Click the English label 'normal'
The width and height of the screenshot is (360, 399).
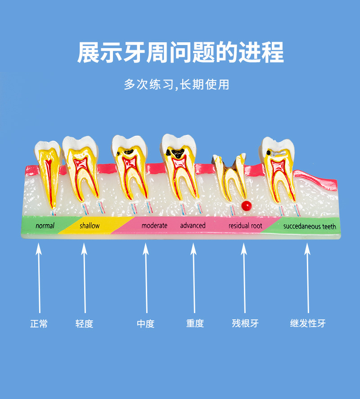(x=45, y=226)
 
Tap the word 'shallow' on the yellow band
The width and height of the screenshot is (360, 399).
(x=90, y=226)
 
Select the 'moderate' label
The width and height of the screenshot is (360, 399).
(x=154, y=225)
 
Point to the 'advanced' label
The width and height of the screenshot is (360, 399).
(x=193, y=225)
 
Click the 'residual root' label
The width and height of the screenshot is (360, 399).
(x=245, y=226)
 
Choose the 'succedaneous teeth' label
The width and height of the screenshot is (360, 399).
(x=310, y=226)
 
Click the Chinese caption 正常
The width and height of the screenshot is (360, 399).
(x=39, y=323)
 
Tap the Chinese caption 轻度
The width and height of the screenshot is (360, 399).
(x=84, y=323)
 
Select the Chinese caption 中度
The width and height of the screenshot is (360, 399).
(x=145, y=323)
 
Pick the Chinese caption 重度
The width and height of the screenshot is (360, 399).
(x=195, y=323)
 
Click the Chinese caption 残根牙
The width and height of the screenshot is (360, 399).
(x=245, y=323)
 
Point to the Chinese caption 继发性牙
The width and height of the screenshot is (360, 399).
(x=308, y=323)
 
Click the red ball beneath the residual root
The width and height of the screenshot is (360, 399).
(x=245, y=206)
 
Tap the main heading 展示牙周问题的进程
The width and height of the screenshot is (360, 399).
(x=180, y=53)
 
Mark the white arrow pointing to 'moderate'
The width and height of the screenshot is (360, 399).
(x=145, y=279)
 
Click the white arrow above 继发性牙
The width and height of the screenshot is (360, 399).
(x=308, y=279)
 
